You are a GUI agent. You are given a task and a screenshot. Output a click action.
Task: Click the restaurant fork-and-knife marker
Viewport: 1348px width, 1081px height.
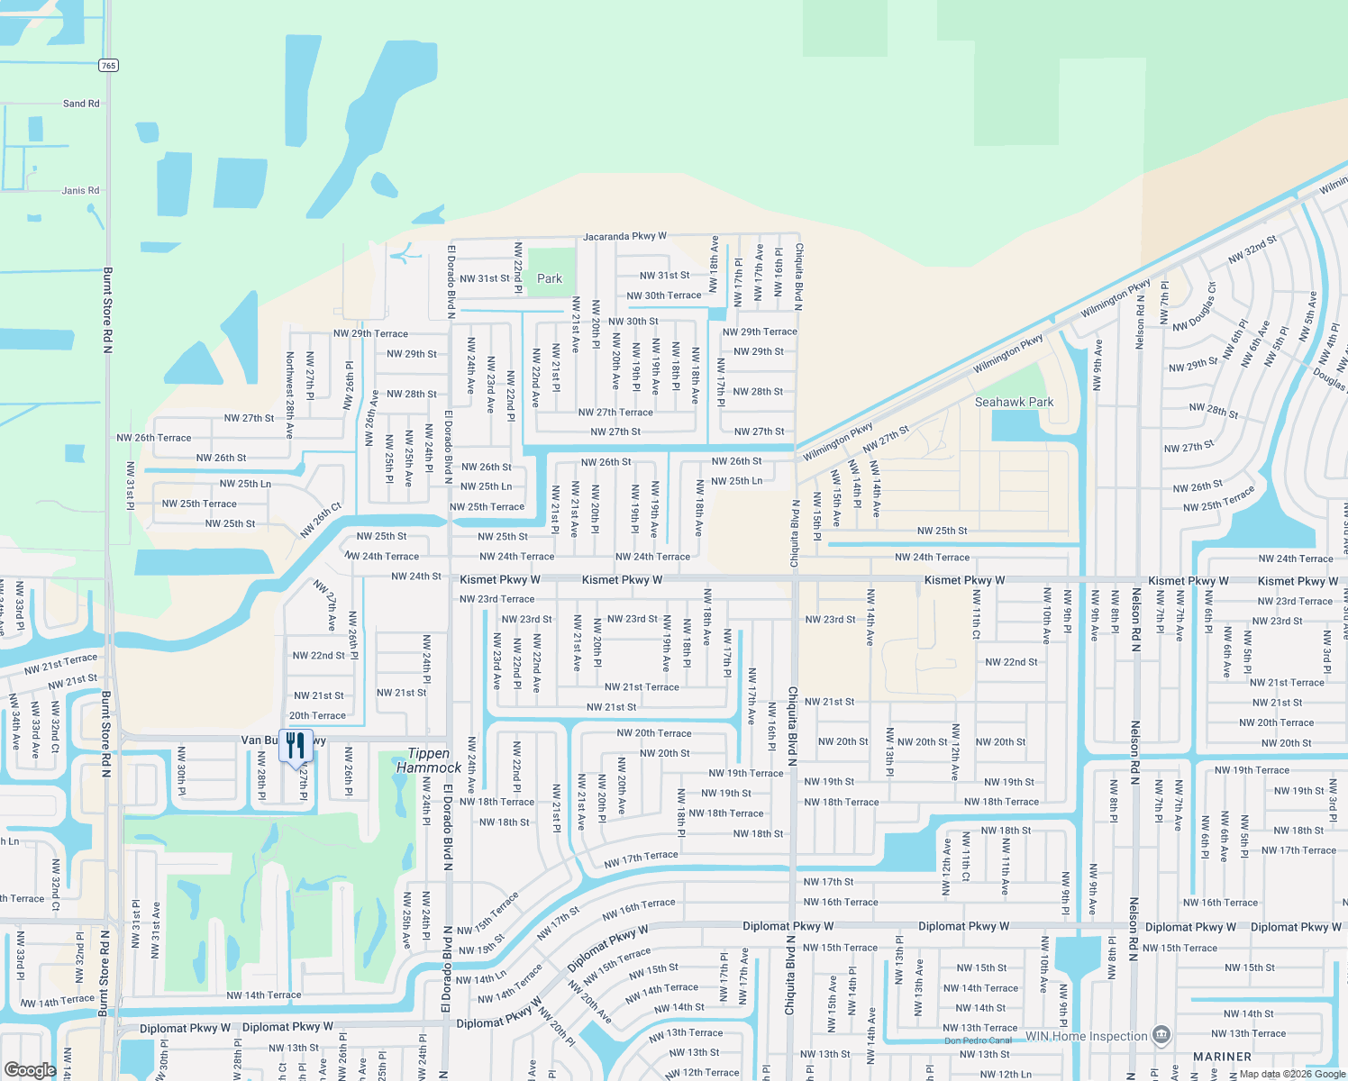(296, 746)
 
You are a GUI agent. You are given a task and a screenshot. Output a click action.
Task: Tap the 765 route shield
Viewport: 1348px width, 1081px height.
(108, 65)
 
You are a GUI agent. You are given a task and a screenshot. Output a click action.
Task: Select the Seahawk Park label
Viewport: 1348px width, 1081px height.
(1014, 402)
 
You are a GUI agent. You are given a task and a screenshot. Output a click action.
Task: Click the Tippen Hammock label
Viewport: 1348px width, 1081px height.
(429, 760)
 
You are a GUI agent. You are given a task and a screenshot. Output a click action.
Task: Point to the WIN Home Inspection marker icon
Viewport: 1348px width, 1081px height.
(1161, 1035)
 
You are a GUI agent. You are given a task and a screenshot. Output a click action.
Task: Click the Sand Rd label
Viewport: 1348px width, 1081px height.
(81, 104)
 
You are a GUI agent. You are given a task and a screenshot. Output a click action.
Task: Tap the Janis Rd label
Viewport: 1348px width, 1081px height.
(80, 190)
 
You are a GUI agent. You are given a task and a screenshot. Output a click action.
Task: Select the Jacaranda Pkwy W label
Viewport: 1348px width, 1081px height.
(624, 236)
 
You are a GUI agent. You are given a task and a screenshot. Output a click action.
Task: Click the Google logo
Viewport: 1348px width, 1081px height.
(30, 1070)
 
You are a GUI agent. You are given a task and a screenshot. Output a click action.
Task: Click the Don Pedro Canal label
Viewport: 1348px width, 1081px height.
(978, 1040)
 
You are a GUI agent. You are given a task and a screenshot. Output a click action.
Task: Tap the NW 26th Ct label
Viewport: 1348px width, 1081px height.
(320, 520)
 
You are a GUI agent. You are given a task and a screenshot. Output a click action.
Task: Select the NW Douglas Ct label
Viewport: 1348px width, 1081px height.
(1195, 306)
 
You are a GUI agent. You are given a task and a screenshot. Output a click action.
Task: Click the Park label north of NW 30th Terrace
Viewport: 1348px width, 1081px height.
(550, 278)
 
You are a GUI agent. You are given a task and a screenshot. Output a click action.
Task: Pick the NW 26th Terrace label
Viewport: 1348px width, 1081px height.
(154, 438)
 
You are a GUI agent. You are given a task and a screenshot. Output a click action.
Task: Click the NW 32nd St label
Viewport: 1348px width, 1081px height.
(1252, 250)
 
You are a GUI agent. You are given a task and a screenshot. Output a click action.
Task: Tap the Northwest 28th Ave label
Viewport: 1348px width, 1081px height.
(290, 395)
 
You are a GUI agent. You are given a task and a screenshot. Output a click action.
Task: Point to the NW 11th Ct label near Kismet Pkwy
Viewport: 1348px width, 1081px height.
(977, 622)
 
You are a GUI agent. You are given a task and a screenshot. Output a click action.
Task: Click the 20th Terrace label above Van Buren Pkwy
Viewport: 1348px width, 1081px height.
(317, 715)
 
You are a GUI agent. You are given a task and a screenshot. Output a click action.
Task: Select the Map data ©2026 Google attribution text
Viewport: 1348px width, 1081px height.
(1291, 1074)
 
